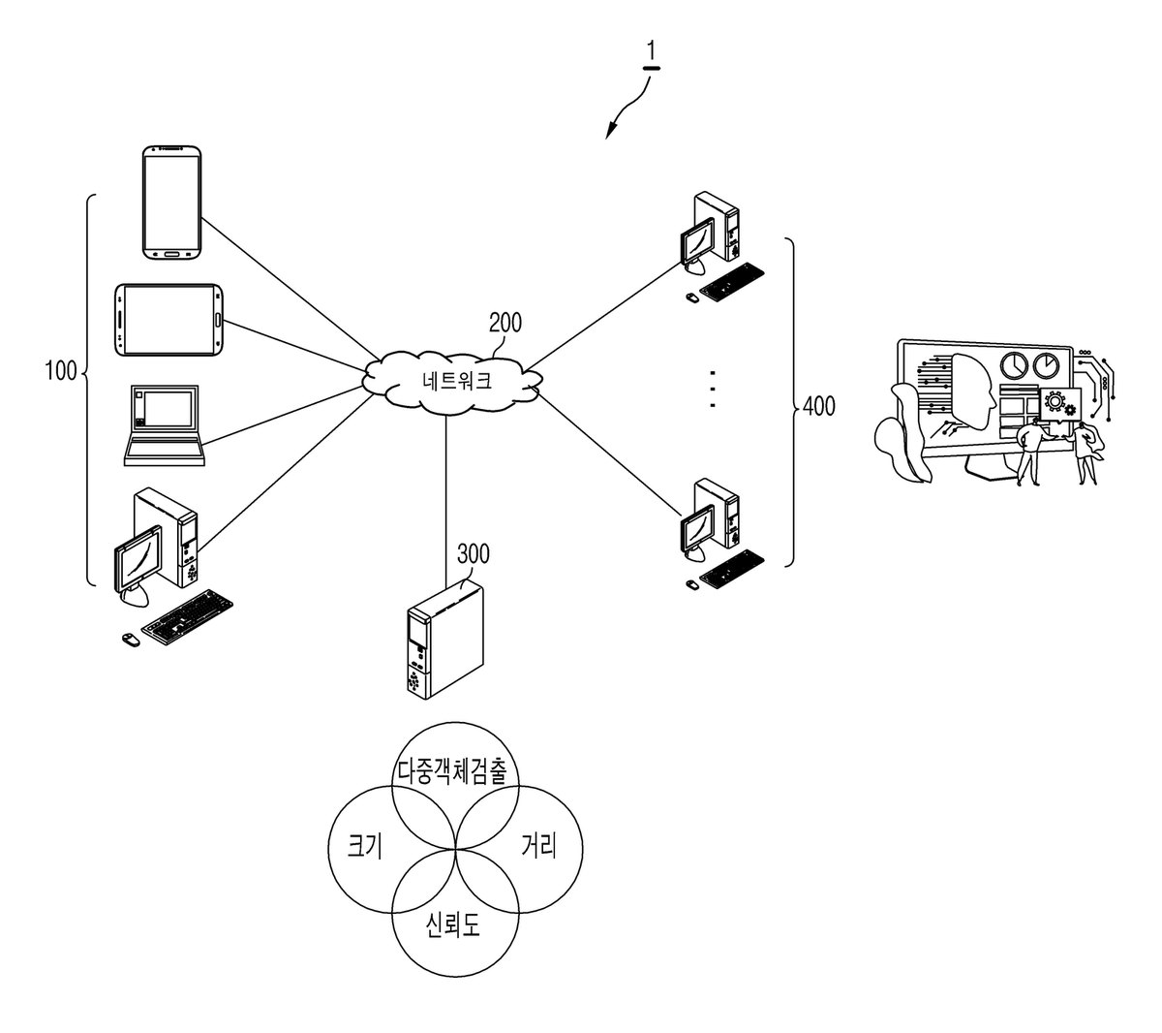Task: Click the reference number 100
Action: (60, 371)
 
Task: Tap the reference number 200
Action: (505, 323)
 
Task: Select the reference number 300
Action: (474, 553)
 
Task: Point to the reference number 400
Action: (818, 406)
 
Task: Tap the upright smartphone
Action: (171, 203)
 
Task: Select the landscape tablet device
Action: (168, 320)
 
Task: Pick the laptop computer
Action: (165, 425)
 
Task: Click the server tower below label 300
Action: (445, 640)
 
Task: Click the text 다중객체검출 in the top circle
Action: (452, 771)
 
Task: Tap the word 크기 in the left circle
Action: (365, 845)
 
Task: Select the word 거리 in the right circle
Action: (538, 845)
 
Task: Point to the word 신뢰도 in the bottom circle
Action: (452, 924)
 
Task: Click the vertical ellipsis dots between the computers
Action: (713, 390)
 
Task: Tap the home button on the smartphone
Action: (172, 253)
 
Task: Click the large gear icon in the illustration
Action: (1055, 400)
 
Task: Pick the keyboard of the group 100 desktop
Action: (188, 616)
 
